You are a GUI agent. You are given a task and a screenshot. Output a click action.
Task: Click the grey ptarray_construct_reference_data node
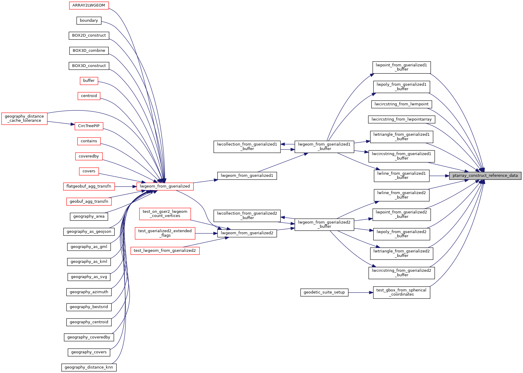485,176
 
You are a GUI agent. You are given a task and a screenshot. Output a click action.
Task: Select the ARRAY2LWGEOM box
89,5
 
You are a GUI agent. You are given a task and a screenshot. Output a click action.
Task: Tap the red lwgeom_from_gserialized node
165,186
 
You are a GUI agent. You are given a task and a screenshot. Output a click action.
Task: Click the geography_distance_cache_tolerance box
24,118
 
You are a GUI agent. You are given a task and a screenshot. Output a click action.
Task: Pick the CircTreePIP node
89,126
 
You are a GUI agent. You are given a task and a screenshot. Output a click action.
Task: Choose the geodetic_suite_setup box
324,292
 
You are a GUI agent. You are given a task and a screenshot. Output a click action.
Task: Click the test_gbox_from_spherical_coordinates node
401,292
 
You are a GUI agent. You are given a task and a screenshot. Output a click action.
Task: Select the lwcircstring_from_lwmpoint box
401,104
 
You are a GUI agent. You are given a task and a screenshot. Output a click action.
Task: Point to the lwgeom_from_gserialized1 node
247,176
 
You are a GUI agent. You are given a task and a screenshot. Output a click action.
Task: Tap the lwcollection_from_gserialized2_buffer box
247,216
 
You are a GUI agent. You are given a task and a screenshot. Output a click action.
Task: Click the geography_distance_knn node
89,367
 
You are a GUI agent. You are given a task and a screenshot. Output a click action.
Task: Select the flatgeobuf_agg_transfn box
89,186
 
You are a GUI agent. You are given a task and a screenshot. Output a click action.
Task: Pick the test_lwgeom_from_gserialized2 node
165,251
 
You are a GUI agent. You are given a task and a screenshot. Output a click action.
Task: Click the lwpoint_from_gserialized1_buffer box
401,67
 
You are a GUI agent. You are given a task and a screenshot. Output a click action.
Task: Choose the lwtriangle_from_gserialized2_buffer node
401,253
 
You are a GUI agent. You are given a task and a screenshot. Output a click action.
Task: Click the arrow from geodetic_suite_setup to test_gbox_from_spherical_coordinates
361,293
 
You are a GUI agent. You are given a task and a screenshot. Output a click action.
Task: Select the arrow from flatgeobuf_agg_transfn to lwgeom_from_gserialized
125,187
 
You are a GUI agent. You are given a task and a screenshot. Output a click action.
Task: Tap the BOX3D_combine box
89,51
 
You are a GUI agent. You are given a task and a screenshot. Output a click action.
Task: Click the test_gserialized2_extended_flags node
165,233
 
